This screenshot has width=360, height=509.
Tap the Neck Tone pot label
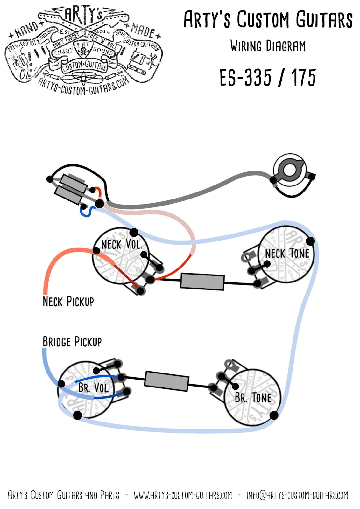point(287,254)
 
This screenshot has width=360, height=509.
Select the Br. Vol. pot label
point(94,388)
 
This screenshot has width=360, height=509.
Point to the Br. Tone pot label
point(253,398)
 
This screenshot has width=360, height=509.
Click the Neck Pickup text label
point(68,301)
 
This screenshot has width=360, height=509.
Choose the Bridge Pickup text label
point(72,342)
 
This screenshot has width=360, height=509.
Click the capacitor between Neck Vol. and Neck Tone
point(202,282)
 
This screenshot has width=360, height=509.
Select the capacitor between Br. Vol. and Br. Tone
point(167,381)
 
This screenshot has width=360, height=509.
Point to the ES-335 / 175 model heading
point(267,78)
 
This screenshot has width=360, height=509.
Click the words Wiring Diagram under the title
point(268,46)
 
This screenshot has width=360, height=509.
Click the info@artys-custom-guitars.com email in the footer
point(297,495)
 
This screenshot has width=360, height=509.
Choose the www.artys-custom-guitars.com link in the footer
point(183,495)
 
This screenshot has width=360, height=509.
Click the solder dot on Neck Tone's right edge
point(310,241)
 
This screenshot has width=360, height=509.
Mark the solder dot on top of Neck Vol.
point(134,232)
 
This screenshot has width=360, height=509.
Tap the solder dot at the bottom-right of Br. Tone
point(274,415)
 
